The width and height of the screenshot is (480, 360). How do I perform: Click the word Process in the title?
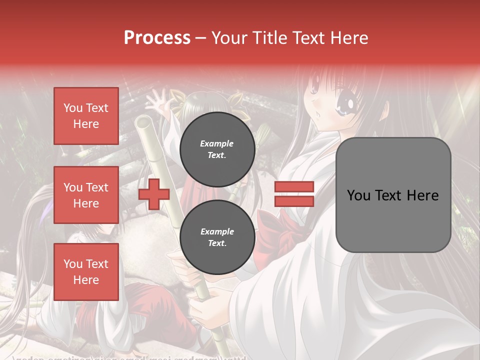tap(157, 38)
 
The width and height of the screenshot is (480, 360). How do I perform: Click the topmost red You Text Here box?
tap(86, 116)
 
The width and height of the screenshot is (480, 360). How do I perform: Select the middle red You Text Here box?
tap(86, 195)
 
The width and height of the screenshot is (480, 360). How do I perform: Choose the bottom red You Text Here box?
tap(86, 272)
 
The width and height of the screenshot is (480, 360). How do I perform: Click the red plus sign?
tap(154, 194)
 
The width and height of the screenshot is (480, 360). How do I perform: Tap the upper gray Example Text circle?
tap(217, 149)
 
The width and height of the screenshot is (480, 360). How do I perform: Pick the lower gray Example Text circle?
tap(217, 237)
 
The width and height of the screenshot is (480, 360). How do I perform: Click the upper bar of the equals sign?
tap(294, 187)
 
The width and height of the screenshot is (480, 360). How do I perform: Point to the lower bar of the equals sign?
tap(294, 201)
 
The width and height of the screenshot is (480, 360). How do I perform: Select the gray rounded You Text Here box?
tap(393, 195)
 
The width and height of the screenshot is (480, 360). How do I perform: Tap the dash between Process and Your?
tap(200, 38)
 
